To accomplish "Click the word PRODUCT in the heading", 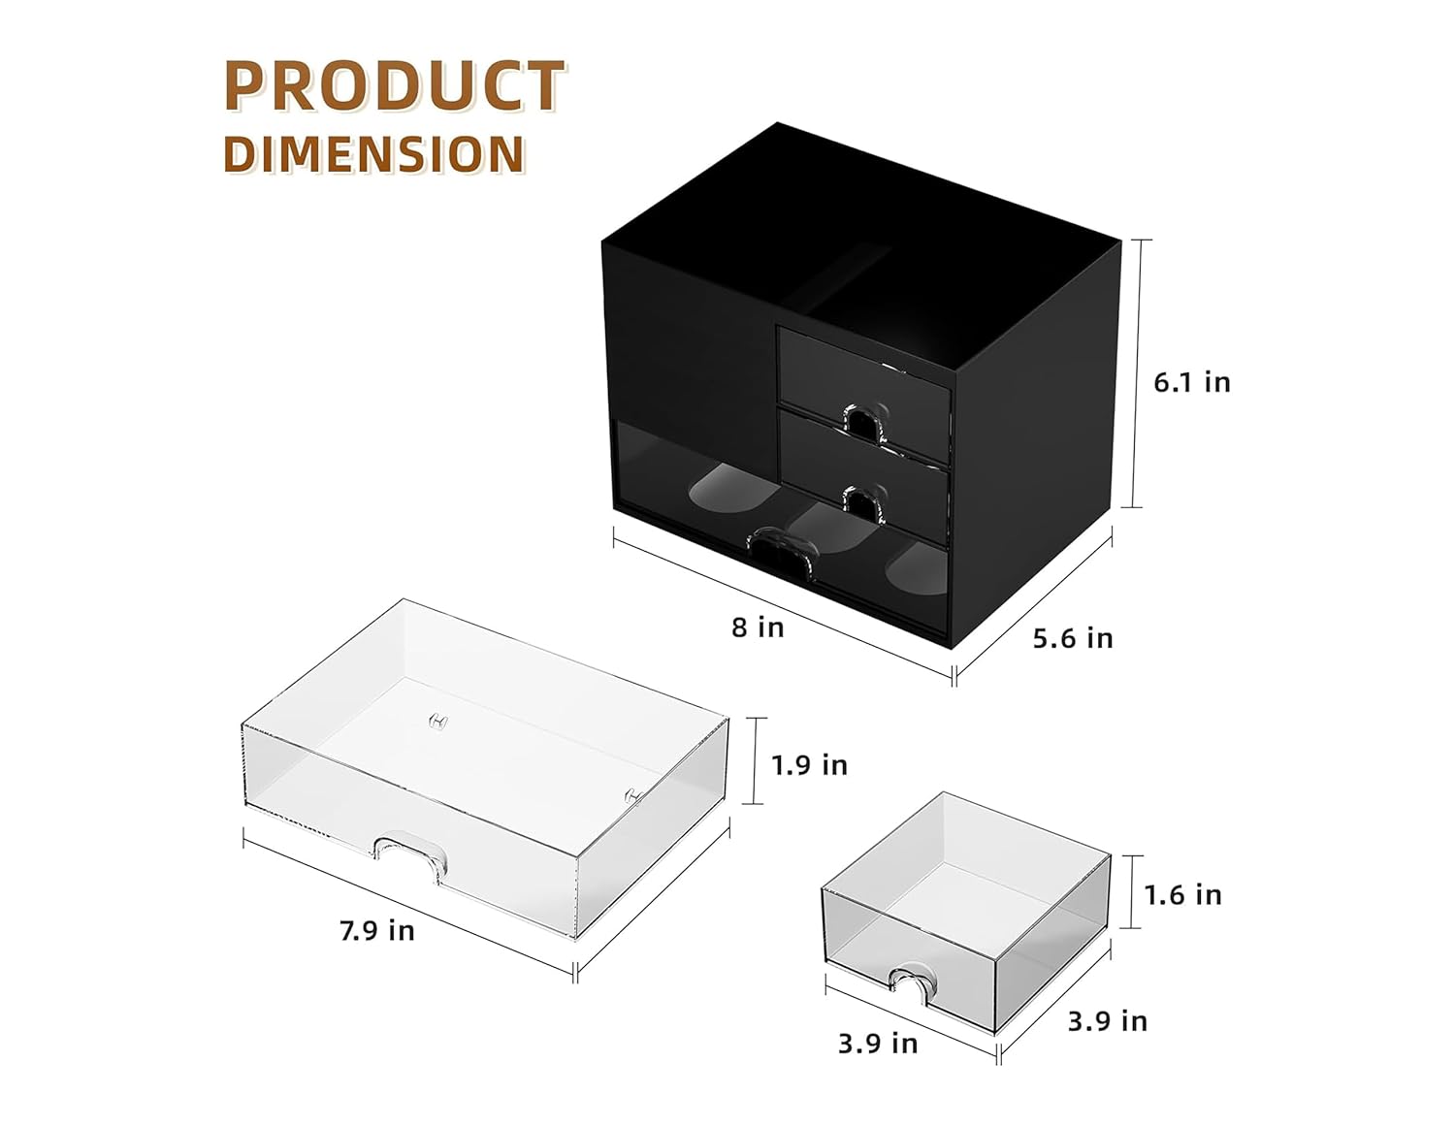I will pyautogui.click(x=394, y=85).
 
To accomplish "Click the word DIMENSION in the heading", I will pyautogui.click(x=374, y=154).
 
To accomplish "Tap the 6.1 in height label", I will pyautogui.click(x=1191, y=382).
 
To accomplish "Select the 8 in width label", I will pyautogui.click(x=758, y=627).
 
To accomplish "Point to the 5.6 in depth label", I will pyautogui.click(x=1072, y=638).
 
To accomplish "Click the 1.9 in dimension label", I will pyautogui.click(x=809, y=765).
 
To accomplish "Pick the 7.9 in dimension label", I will pyautogui.click(x=376, y=931).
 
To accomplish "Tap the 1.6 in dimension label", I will pyautogui.click(x=1182, y=894).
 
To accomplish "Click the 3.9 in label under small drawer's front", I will pyautogui.click(x=877, y=1044).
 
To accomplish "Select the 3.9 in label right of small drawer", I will pyautogui.click(x=1107, y=1021).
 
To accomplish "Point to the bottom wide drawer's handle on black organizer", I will pyautogui.click(x=779, y=550).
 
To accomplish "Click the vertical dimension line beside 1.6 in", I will pyautogui.click(x=1131, y=892).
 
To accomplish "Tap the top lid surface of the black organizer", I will pyautogui.click(x=854, y=233).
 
